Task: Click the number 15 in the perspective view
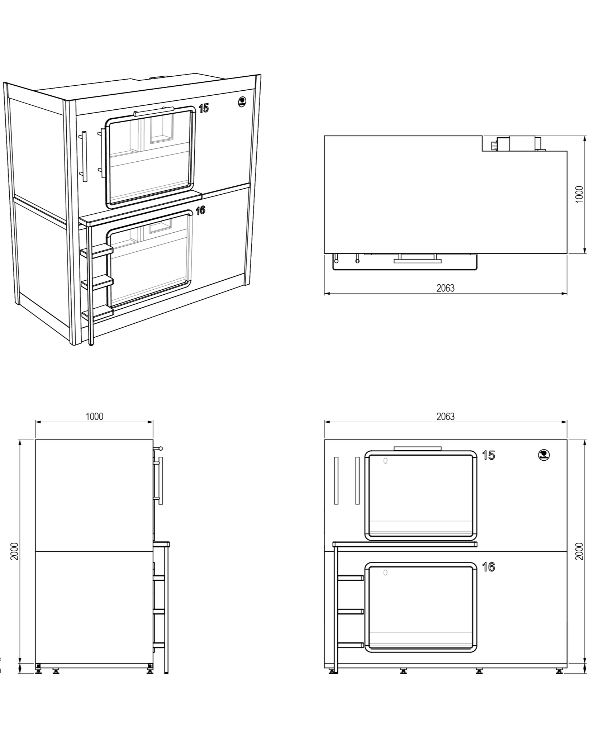(x=204, y=108)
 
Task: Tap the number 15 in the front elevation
(x=488, y=456)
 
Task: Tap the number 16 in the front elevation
(x=488, y=567)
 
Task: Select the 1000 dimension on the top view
(x=579, y=194)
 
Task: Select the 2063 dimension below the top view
(x=445, y=288)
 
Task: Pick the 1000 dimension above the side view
(x=94, y=417)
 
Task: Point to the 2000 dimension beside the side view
(x=14, y=551)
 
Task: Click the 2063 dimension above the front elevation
(x=445, y=417)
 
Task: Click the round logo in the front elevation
(x=544, y=455)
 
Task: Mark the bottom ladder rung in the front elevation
(x=351, y=645)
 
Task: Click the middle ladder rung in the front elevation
(x=351, y=612)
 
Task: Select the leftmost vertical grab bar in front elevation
(x=336, y=480)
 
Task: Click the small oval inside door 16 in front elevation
(x=385, y=573)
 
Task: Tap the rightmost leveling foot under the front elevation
(x=559, y=671)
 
